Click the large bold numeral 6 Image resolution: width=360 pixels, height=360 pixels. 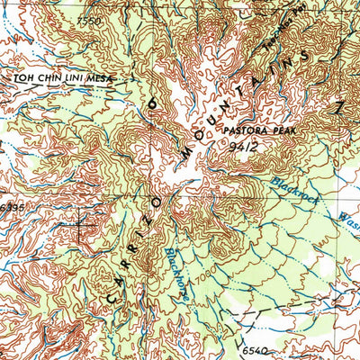[151, 106]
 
